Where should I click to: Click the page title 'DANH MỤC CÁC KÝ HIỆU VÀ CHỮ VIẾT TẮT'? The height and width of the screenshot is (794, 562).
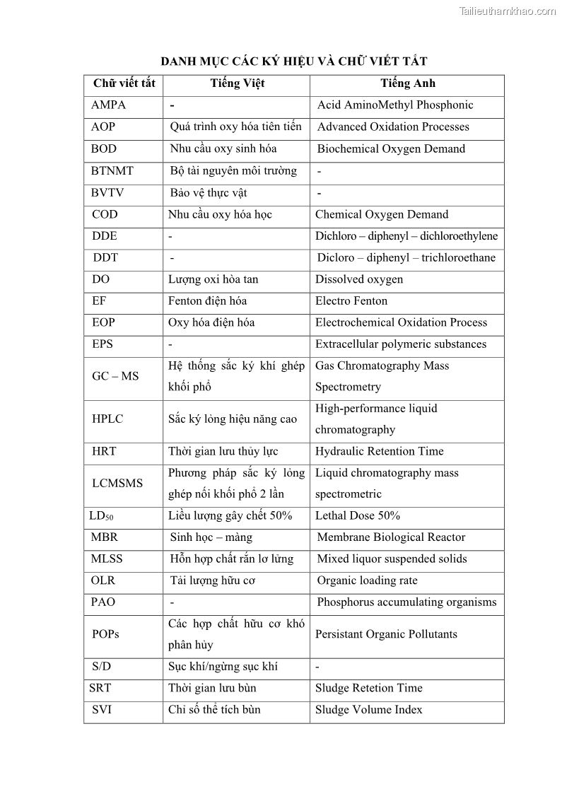[x=293, y=62]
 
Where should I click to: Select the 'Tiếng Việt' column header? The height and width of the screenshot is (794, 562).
[x=237, y=83]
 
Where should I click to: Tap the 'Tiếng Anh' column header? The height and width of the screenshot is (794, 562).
[x=407, y=83]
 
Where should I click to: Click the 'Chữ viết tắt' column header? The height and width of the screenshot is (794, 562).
[x=124, y=83]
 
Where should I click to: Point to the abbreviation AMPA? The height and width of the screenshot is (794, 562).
[x=108, y=105]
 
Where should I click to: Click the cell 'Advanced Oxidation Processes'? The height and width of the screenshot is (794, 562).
[x=393, y=127]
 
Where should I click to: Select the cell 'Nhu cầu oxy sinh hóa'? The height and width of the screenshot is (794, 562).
[x=223, y=149]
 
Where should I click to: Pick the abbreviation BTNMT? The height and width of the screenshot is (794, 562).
[x=112, y=171]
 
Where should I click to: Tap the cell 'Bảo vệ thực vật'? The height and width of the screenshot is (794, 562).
[x=209, y=193]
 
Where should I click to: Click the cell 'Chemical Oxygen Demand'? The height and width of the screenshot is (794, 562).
[x=382, y=214]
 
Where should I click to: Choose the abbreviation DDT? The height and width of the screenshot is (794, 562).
[x=105, y=258]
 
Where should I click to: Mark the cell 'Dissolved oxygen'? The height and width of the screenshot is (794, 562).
[x=359, y=279]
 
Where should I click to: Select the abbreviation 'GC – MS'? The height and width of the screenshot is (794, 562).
[x=115, y=376]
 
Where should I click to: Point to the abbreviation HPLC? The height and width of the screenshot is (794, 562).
[x=107, y=419]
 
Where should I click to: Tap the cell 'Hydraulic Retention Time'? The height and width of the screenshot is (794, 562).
[x=380, y=451]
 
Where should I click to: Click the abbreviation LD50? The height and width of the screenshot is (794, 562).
[x=102, y=516]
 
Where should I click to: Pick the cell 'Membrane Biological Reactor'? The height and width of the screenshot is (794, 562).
[x=391, y=537]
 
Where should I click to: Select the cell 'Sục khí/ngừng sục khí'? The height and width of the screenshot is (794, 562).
[x=223, y=667]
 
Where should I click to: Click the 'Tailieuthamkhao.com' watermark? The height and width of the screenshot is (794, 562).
[x=507, y=11]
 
